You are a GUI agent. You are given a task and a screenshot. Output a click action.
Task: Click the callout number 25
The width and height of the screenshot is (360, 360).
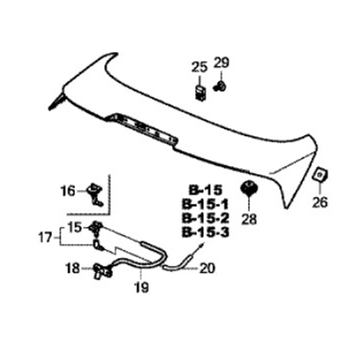click(199, 67)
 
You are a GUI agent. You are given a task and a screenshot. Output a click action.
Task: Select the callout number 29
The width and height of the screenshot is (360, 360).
click(221, 63)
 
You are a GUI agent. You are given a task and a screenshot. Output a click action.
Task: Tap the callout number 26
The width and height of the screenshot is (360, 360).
click(320, 202)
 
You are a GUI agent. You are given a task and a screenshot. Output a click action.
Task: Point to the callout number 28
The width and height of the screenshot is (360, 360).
click(249, 219)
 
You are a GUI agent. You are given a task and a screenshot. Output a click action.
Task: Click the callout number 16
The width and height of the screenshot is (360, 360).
click(68, 191)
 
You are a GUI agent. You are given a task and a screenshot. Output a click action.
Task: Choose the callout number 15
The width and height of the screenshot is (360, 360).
click(75, 227)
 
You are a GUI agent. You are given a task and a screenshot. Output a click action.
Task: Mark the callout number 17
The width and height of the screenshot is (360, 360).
click(45, 238)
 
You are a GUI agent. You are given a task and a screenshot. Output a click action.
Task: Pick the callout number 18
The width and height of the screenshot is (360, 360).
click(72, 268)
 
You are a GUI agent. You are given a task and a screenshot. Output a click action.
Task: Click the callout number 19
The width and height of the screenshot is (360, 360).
click(141, 287)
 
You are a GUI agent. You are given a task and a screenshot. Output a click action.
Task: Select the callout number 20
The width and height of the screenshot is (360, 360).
click(207, 268)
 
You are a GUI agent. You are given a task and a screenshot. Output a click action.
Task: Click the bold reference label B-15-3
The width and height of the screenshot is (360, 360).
click(206, 232)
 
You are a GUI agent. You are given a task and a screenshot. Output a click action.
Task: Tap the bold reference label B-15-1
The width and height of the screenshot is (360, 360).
click(205, 204)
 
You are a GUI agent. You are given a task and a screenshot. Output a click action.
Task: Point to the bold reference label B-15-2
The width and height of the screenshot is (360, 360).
click(206, 218)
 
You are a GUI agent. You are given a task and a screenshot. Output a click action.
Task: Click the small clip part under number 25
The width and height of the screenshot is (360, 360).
click(200, 93)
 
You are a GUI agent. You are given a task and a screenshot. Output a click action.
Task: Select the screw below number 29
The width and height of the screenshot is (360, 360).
click(220, 87)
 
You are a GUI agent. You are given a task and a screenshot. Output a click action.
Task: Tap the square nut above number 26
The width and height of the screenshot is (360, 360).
click(319, 175)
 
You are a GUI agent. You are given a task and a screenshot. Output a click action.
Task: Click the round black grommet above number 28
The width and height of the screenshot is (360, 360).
click(249, 188)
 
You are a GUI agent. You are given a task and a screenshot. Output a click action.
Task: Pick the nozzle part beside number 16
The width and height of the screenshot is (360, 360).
click(95, 194)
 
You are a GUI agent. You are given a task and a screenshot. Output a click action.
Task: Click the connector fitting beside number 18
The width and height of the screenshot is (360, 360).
click(103, 271)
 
